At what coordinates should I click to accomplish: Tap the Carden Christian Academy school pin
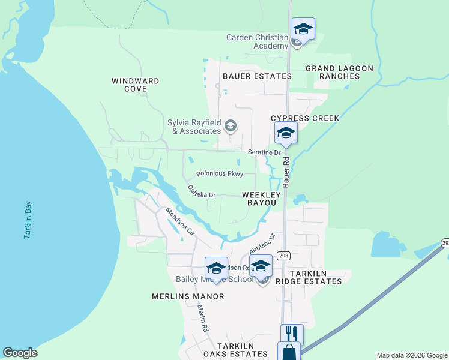point(303,29)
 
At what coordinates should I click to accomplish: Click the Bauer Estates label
point(257,76)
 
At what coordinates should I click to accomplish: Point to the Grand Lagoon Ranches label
point(339,72)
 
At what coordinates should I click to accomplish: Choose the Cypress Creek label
point(305,118)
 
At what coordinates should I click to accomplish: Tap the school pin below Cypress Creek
point(286,133)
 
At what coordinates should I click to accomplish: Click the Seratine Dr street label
point(265,153)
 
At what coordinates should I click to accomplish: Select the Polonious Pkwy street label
point(220,174)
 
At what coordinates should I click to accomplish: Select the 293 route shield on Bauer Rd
point(284,256)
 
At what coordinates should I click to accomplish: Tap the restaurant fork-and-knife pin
point(292,335)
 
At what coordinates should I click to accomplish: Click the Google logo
point(20,353)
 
